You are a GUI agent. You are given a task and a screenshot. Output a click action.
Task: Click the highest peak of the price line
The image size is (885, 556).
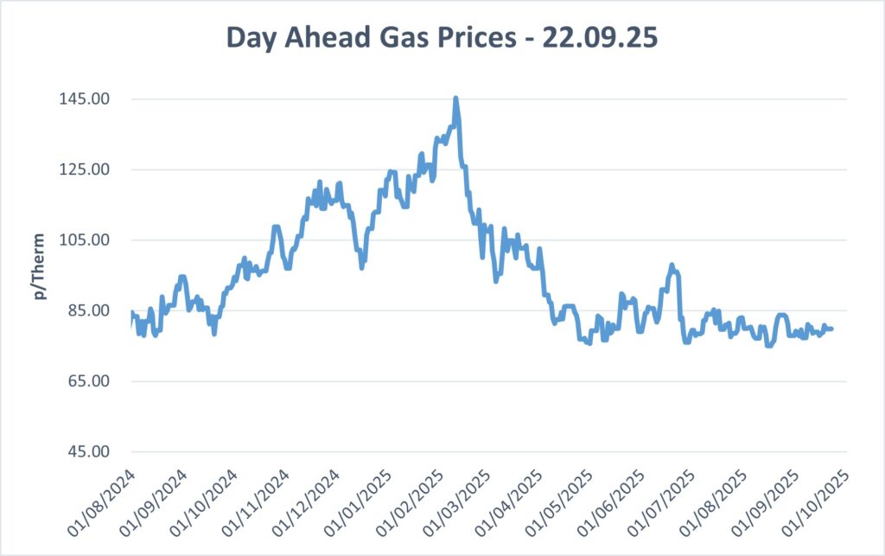[x=455, y=99]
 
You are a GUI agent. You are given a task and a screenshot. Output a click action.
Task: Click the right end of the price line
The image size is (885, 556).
[x=831, y=329]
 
